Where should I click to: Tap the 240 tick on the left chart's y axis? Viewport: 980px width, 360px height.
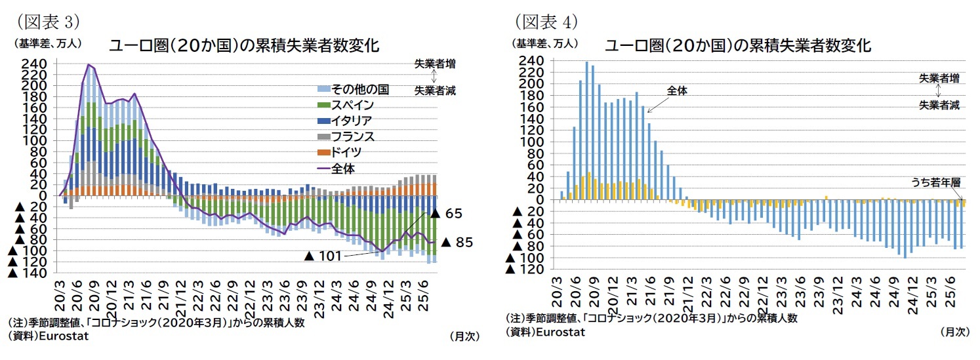(x=33, y=64)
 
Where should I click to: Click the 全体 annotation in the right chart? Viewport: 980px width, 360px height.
(x=676, y=91)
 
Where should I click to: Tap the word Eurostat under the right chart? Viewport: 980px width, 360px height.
(x=560, y=332)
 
